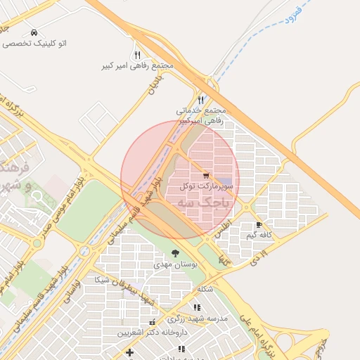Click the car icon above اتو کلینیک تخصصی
pos(34,33)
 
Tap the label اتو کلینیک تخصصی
pos(34,44)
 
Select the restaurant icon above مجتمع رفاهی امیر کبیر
pos(137,55)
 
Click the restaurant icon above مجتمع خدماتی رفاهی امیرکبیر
pos(201,101)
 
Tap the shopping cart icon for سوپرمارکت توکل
pos(205,175)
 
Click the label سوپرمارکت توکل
pos(204,186)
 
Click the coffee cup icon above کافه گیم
pos(259,225)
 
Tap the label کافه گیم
pos(259,235)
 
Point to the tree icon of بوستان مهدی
pos(174,253)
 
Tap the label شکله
pos(205,289)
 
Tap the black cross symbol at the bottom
pos(129,352)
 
